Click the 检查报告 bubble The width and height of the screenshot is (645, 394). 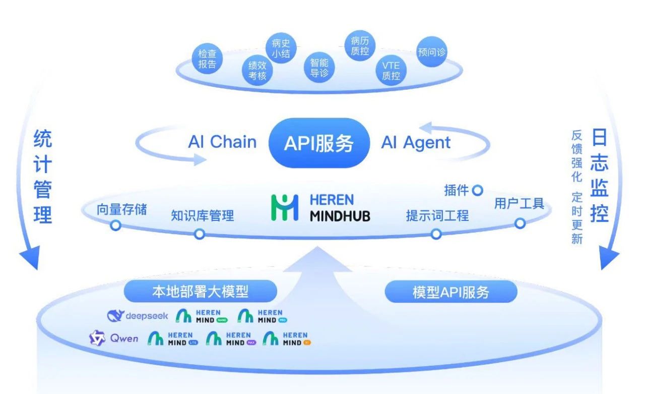[x=207, y=59]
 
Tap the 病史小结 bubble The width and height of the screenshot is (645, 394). [x=281, y=49]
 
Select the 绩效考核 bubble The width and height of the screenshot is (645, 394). [x=257, y=71]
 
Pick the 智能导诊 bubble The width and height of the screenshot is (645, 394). [x=319, y=68]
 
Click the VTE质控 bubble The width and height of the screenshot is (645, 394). [x=391, y=71]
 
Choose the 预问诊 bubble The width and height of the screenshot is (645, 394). [x=432, y=52]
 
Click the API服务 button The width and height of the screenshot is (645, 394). [x=318, y=143]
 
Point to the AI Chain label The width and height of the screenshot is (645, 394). [x=222, y=142]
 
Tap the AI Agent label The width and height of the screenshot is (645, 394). [x=416, y=143]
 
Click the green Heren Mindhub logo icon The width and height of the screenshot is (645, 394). [x=285, y=207]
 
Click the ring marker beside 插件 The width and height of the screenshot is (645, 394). [x=477, y=191]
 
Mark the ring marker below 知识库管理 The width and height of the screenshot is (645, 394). [x=200, y=234]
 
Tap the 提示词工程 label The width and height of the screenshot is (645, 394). [x=437, y=216]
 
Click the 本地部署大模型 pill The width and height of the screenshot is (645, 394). [x=200, y=291]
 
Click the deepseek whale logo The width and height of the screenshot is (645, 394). [x=115, y=316]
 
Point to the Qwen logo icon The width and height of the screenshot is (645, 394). [x=97, y=339]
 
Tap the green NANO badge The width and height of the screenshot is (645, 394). [x=222, y=320]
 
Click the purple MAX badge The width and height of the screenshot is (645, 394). [x=251, y=343]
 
